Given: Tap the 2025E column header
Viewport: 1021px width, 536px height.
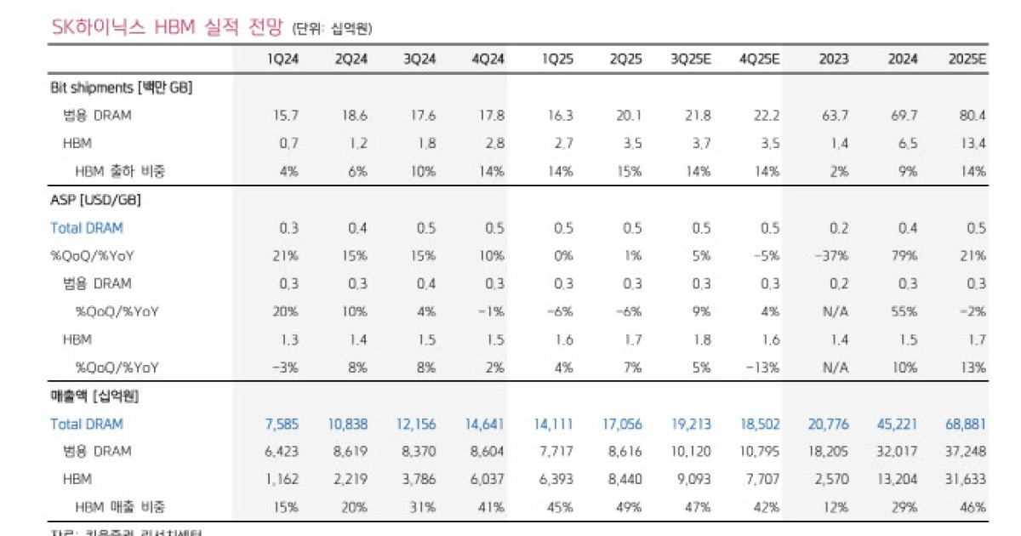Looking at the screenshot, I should coord(967,60).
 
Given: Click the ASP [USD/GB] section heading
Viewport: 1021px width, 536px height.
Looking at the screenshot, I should coord(95,200).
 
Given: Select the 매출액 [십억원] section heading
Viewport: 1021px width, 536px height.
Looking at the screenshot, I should coord(94,396).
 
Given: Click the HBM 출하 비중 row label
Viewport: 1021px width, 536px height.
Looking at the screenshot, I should coord(120,171).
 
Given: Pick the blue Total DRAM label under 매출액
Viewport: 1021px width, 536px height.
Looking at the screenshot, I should coord(87,424).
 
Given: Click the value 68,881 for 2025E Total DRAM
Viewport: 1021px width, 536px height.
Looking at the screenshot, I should coord(965,424).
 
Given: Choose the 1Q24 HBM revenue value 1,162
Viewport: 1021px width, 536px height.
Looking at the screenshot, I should coord(281,479).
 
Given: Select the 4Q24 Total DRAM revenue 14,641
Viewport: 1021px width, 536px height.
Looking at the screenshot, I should coord(486,424).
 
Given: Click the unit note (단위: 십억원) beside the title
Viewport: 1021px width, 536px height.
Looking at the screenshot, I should coord(332,30).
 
